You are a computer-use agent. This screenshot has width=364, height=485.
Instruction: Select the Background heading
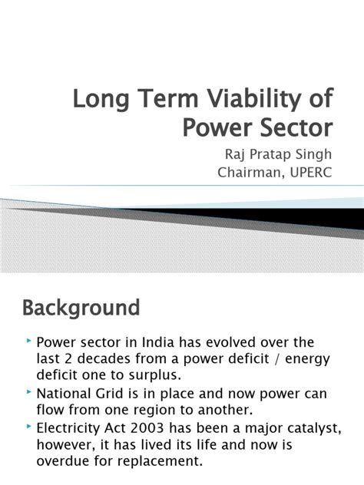click(81, 308)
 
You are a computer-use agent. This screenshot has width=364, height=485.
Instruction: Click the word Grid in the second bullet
click(106, 393)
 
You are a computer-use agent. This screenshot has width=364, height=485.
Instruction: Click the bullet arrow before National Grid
click(29, 392)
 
